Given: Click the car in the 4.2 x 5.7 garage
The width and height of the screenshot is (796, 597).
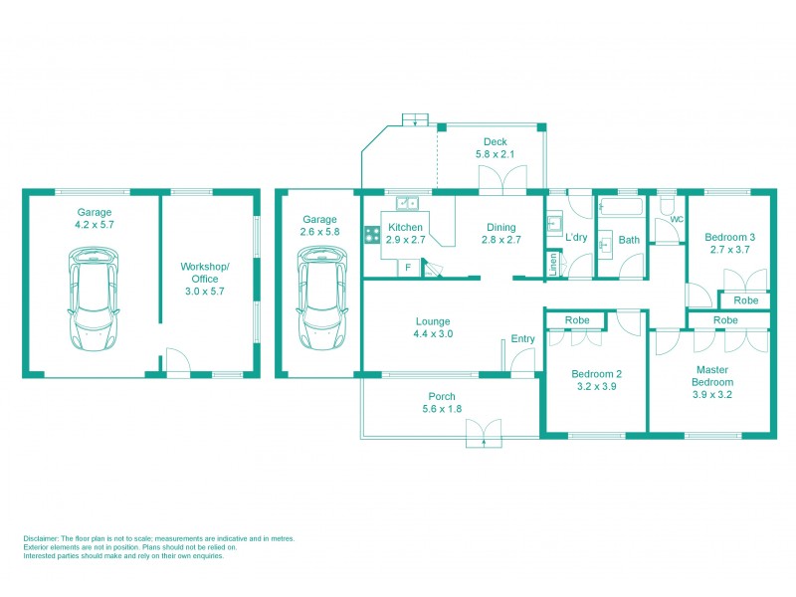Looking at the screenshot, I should pyautogui.click(x=95, y=298).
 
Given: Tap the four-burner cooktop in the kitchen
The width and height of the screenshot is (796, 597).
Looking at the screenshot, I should pyautogui.click(x=371, y=235).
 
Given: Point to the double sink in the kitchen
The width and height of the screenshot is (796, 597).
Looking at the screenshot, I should pyautogui.click(x=408, y=203).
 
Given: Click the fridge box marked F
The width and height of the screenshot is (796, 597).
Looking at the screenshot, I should pyautogui.click(x=407, y=268).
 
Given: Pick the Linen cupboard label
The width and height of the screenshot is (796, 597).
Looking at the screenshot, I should pyautogui.click(x=552, y=265).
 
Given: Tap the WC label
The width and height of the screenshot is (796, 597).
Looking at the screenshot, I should pyautogui.click(x=677, y=219).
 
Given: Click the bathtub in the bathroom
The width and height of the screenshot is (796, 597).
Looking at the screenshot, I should pyautogui.click(x=620, y=208).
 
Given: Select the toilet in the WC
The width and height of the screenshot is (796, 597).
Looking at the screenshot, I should pyautogui.click(x=668, y=203).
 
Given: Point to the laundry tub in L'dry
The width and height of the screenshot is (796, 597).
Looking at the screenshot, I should pyautogui.click(x=553, y=225).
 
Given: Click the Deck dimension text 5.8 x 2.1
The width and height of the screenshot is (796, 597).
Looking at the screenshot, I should pyautogui.click(x=495, y=154).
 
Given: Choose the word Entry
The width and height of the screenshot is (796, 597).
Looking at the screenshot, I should pyautogui.click(x=522, y=339).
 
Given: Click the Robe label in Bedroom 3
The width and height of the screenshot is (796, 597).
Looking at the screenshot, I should pyautogui.click(x=745, y=300).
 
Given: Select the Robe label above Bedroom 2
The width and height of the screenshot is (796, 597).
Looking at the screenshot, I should pyautogui.click(x=576, y=320).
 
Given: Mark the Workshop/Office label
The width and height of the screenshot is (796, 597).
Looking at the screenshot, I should pyautogui.click(x=205, y=273).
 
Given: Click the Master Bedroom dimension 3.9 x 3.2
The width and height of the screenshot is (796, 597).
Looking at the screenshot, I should pyautogui.click(x=711, y=395).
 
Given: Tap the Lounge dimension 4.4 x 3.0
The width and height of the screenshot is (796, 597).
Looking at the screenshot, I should pyautogui.click(x=433, y=334).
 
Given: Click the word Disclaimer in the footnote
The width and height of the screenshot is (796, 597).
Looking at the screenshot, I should pyautogui.click(x=44, y=538).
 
